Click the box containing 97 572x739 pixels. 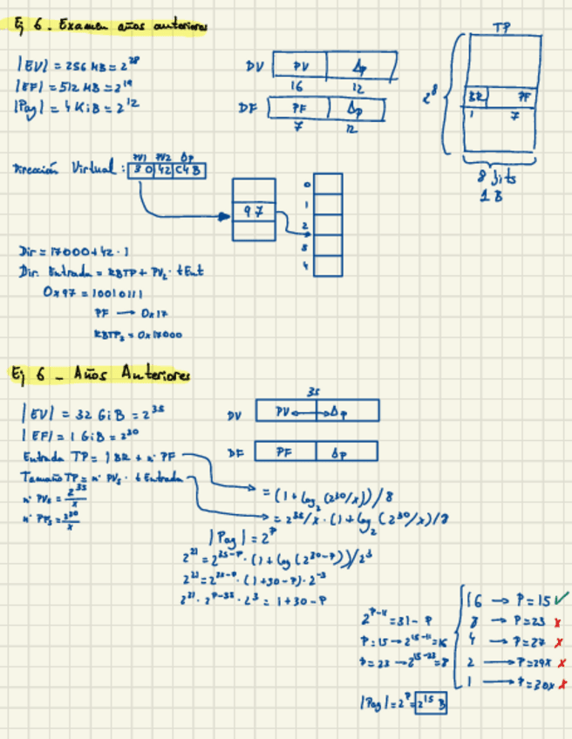(x=254, y=210)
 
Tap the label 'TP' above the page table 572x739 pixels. (x=500, y=28)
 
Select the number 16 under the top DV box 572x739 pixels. (x=296, y=87)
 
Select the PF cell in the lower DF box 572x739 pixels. (x=283, y=452)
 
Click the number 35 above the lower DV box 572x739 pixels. (x=315, y=393)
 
